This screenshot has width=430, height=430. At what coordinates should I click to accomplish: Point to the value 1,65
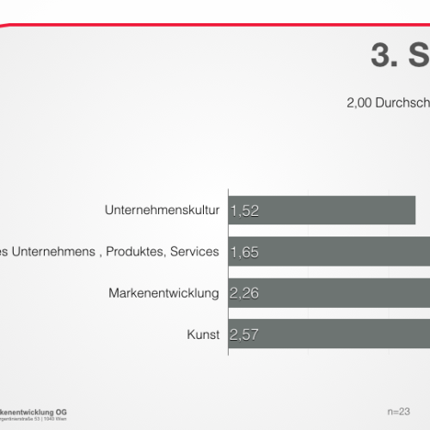pyautogui.click(x=244, y=253)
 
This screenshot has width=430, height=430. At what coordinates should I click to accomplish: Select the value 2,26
pyautogui.click(x=244, y=294)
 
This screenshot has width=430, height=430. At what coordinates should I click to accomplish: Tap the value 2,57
pyautogui.click(x=244, y=335)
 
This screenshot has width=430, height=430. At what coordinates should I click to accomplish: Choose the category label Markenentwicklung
pyautogui.click(x=164, y=293)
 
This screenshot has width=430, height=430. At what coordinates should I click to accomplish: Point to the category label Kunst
pyautogui.click(x=204, y=335)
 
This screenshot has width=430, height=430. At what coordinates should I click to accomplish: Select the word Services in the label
pyautogui.click(x=194, y=252)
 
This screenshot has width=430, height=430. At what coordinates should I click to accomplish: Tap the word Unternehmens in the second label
pyautogui.click(x=43, y=252)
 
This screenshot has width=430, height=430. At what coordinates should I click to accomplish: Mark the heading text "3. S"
pyautogui.click(x=400, y=56)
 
